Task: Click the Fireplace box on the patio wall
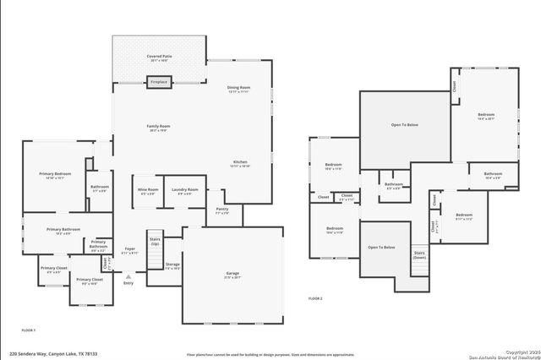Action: click(159, 82)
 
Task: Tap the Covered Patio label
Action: click(159, 57)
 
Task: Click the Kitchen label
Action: click(241, 163)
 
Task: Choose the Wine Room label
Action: click(148, 191)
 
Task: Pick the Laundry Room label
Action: click(185, 191)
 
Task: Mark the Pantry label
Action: click(222, 210)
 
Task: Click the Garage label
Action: click(232, 275)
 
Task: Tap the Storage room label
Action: click(172, 266)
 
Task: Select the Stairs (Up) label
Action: click(155, 242)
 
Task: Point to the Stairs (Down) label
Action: click(419, 254)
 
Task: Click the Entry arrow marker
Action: click(128, 276)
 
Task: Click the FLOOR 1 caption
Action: click(29, 330)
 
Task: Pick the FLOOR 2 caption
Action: click(315, 299)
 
